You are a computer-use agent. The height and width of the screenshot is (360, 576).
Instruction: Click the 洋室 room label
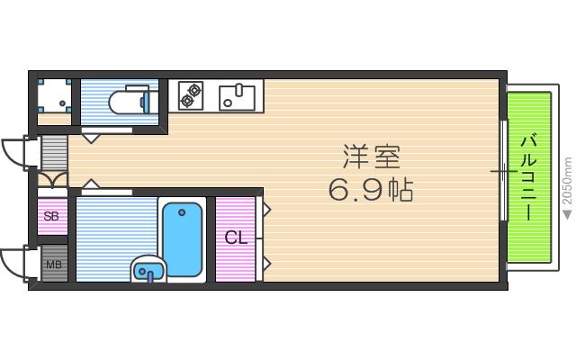370,157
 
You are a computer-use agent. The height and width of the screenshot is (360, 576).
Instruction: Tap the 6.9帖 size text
370,191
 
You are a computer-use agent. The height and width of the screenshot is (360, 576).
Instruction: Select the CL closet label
236,238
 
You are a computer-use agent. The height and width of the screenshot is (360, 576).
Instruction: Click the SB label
52,217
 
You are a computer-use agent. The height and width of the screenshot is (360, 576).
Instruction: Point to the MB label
54,265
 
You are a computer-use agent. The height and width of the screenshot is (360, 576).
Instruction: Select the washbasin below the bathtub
148,268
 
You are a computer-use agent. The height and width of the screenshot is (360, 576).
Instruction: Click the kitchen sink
237,93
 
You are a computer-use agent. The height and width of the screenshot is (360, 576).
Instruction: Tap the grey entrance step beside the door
54,152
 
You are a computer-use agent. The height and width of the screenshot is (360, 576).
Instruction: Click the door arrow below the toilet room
91,138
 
